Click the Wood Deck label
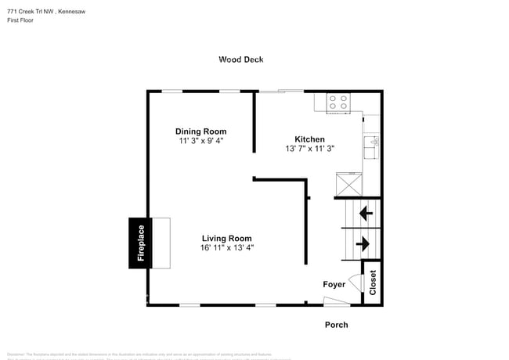coord(241,59)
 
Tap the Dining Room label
coord(200,131)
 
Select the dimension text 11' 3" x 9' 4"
coord(200,141)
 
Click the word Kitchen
coord(309,139)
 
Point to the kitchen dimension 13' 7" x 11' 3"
coord(309,149)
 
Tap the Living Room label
coord(226,239)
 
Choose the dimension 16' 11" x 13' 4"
coord(226,248)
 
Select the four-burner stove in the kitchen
coord(338,103)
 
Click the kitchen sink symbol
coord(371,144)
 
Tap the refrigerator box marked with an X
coord(348,185)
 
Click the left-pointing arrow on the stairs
coord(365,212)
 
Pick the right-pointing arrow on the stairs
coord(363,244)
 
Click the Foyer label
coord(334,284)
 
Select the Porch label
coord(336,325)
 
